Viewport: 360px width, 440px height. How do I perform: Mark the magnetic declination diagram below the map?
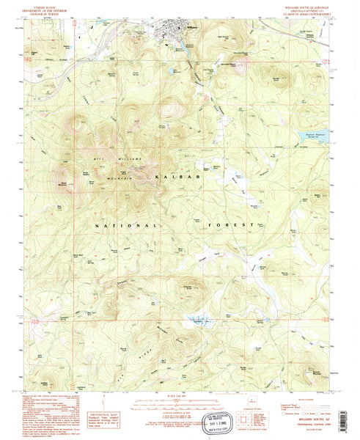point(91,403)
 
